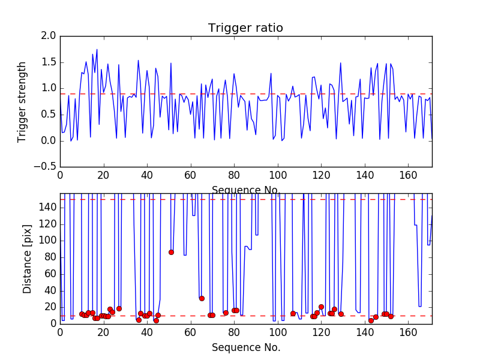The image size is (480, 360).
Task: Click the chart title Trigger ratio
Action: coord(245,28)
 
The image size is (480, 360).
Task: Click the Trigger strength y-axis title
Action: coord(22,101)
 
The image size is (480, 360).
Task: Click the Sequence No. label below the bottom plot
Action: coord(246,347)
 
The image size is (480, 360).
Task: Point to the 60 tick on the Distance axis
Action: coord(49,274)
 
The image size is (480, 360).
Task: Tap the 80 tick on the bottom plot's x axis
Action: coord(234,332)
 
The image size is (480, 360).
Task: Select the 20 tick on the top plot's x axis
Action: coord(103,176)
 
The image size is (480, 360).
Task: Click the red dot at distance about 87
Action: coord(171,252)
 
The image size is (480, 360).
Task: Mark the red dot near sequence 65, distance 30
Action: coord(202,298)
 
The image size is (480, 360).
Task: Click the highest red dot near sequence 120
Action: coord(321,307)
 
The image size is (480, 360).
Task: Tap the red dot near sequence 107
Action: coord(293,313)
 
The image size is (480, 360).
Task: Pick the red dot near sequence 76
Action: coord(226,313)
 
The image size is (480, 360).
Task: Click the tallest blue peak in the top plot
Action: coord(97,50)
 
